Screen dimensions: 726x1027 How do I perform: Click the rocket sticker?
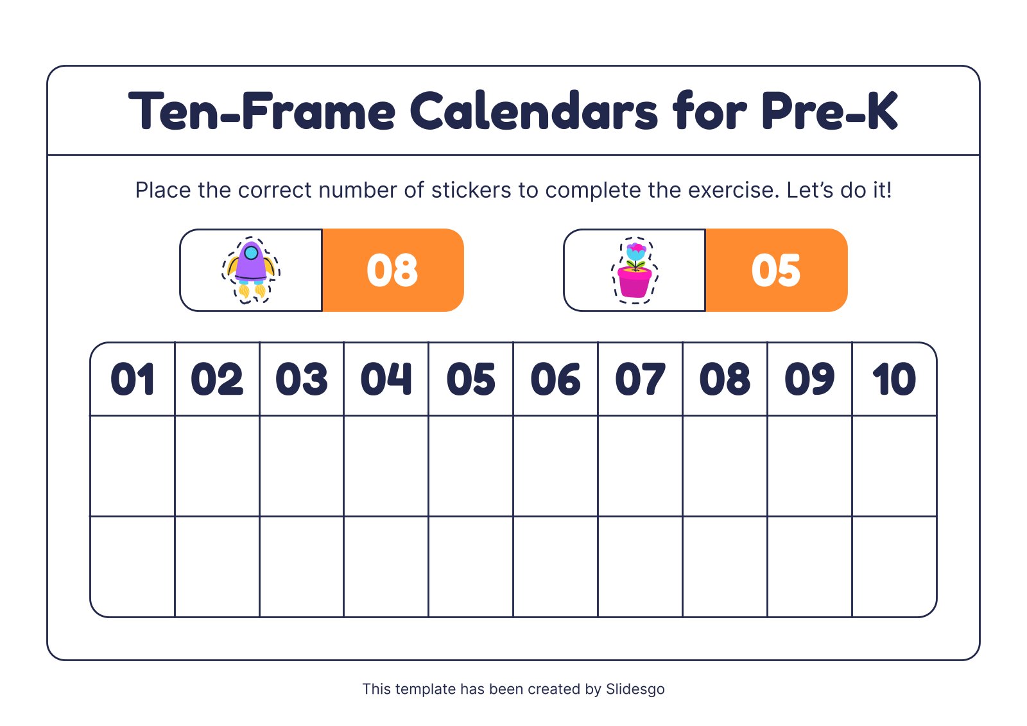[250, 270]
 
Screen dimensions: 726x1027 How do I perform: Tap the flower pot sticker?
[635, 270]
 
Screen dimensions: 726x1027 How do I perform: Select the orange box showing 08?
[392, 270]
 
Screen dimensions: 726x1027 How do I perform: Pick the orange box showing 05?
[776, 270]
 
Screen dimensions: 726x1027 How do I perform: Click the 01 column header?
[133, 379]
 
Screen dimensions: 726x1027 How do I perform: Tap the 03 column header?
[302, 379]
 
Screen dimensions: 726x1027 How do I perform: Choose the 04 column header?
[386, 379]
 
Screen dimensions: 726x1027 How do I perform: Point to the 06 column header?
[556, 379]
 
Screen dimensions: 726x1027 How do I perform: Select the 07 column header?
[640, 379]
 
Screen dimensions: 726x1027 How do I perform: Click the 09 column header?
[809, 379]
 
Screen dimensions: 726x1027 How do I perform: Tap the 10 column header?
[894, 379]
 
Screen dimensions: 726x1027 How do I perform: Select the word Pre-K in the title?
[829, 112]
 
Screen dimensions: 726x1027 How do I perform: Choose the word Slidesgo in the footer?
[635, 689]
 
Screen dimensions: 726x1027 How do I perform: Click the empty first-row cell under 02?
[217, 465]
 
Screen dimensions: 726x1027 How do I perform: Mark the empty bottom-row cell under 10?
[894, 566]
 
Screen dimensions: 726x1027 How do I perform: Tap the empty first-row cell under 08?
[725, 465]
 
